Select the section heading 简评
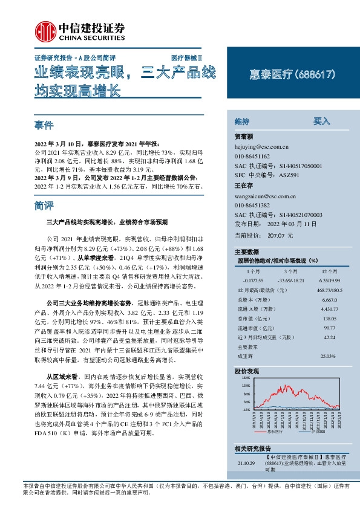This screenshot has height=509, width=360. pyautogui.click(x=45, y=206)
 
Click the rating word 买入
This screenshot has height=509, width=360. pyautogui.click(x=321, y=122)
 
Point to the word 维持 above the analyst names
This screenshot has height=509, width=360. pyautogui.click(x=242, y=122)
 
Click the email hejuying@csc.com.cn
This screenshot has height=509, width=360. pyautogui.click(x=261, y=146)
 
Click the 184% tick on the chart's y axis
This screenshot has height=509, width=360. pyautogui.click(x=246, y=377)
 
